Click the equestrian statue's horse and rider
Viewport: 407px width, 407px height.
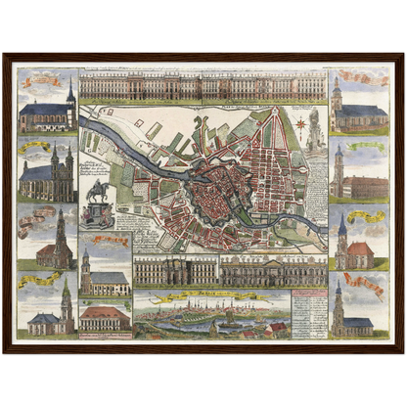pyautogui.click(x=97, y=189)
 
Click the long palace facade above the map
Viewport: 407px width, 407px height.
pyautogui.click(x=203, y=87)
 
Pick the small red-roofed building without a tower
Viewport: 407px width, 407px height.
pyautogui.click(x=105, y=317)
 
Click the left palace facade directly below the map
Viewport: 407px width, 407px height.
pyautogui.click(x=176, y=270)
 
